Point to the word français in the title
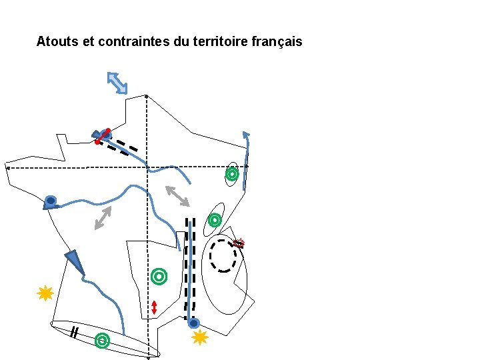point(278,42)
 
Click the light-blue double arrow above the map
point(117,83)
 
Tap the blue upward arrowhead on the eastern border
point(246,136)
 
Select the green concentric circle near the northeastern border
point(231,175)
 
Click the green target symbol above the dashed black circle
point(215,219)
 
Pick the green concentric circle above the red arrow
point(159,275)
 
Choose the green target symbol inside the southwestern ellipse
point(102,341)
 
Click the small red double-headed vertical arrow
point(154,307)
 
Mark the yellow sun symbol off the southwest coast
point(45,293)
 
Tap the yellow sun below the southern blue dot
point(200,337)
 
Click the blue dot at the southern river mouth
point(193,323)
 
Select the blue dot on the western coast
point(50,200)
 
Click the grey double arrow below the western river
point(103,218)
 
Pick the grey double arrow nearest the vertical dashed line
point(177,196)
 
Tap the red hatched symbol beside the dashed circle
point(239,243)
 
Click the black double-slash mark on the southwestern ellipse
point(75,332)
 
